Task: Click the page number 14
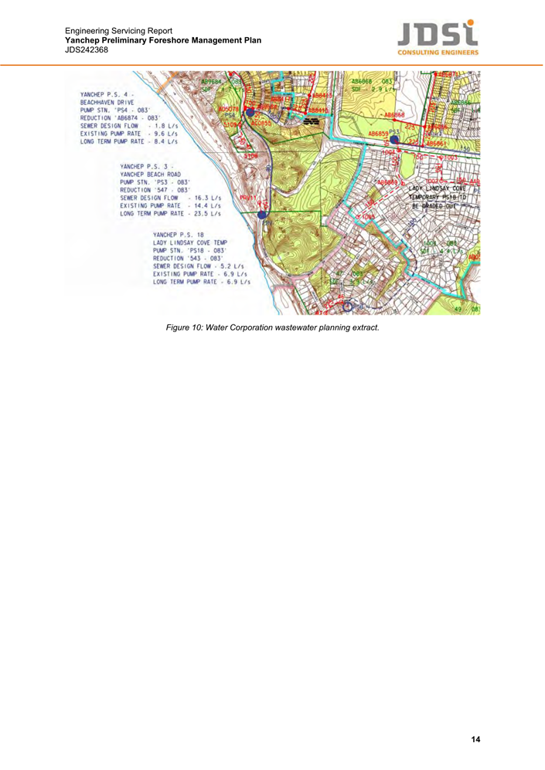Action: tap(475, 739)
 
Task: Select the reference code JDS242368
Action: tap(87, 49)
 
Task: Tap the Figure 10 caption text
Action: tap(272, 327)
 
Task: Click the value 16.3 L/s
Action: tap(204, 198)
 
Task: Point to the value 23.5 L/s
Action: tap(204, 213)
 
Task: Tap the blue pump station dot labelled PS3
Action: tap(394, 140)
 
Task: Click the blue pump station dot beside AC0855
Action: tap(249, 113)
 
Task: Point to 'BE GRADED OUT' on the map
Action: tap(434, 206)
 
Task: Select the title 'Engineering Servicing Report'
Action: tap(124, 31)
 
